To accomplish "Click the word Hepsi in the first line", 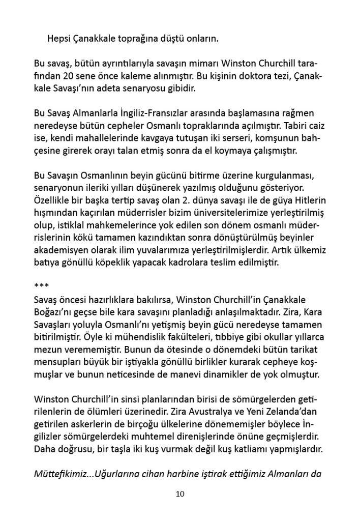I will point(58,38).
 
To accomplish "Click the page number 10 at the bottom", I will point(179,494).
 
